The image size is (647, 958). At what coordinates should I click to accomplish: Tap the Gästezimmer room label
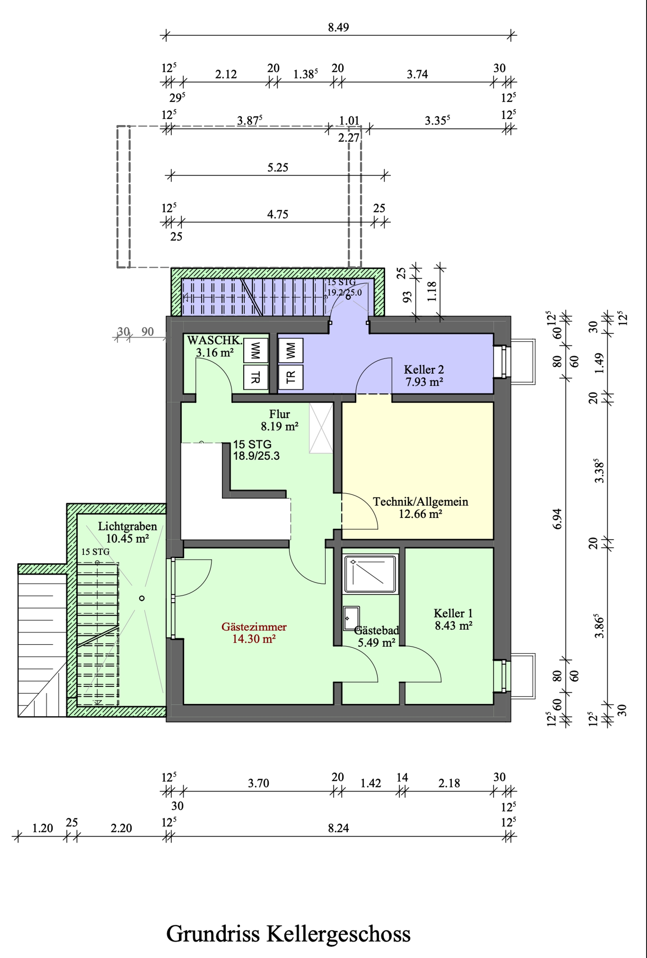(254, 627)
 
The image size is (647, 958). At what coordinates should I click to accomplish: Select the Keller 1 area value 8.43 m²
(454, 625)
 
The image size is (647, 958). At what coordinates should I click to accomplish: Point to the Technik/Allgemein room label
(421, 502)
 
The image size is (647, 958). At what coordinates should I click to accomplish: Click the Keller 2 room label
(424, 369)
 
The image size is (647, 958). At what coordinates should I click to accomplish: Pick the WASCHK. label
(214, 340)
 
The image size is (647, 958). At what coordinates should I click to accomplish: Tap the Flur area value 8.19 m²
(279, 426)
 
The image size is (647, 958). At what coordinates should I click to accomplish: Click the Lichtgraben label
(127, 526)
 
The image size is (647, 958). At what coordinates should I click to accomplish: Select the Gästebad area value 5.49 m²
(376, 642)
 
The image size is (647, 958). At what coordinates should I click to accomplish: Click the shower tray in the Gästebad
(371, 575)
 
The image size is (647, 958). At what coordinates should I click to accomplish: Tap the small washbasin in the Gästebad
(351, 618)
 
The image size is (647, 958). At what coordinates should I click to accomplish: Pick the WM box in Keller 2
(291, 351)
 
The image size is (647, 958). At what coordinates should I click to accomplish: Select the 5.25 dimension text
(278, 167)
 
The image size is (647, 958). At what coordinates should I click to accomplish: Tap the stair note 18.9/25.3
(256, 456)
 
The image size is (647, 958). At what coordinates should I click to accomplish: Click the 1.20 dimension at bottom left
(42, 828)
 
